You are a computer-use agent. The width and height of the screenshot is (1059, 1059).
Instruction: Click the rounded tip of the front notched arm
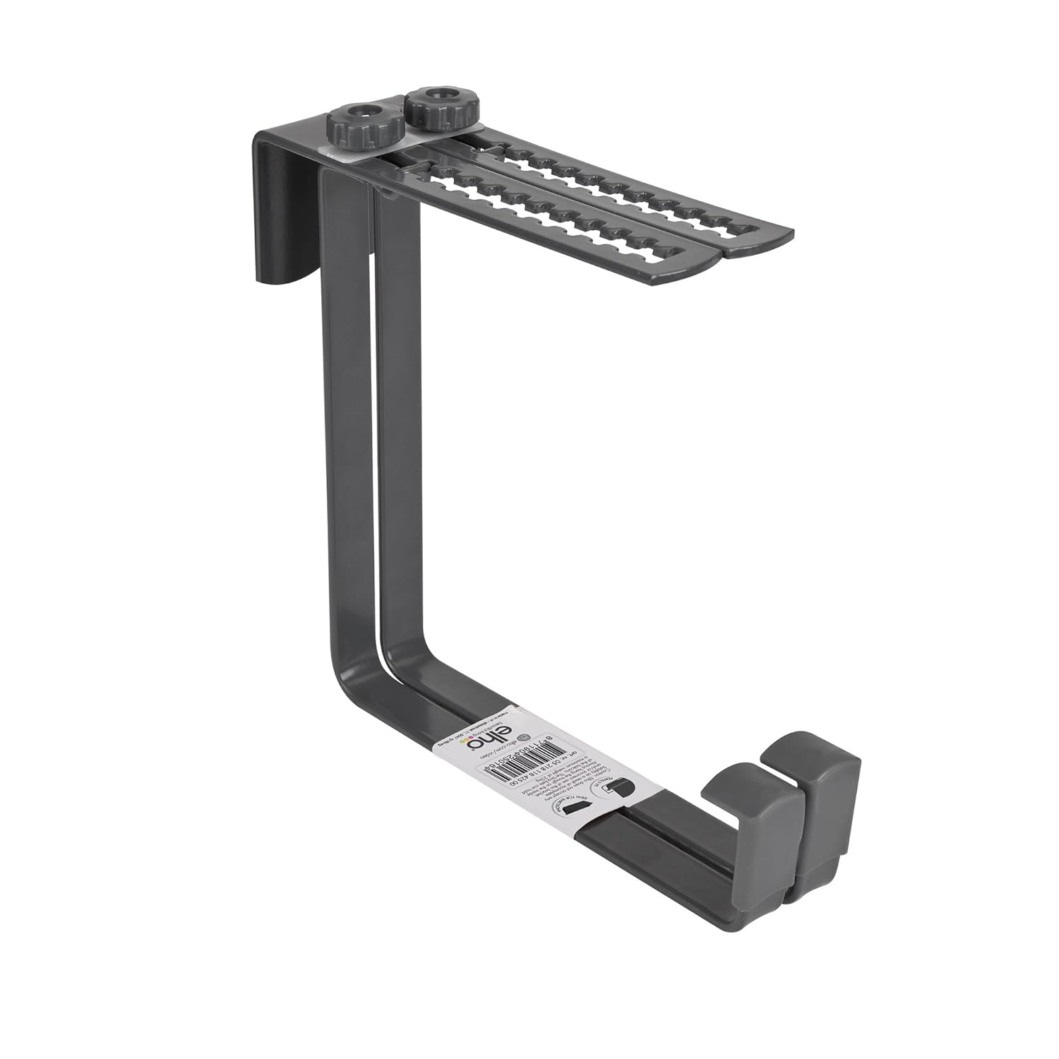[706, 264]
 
